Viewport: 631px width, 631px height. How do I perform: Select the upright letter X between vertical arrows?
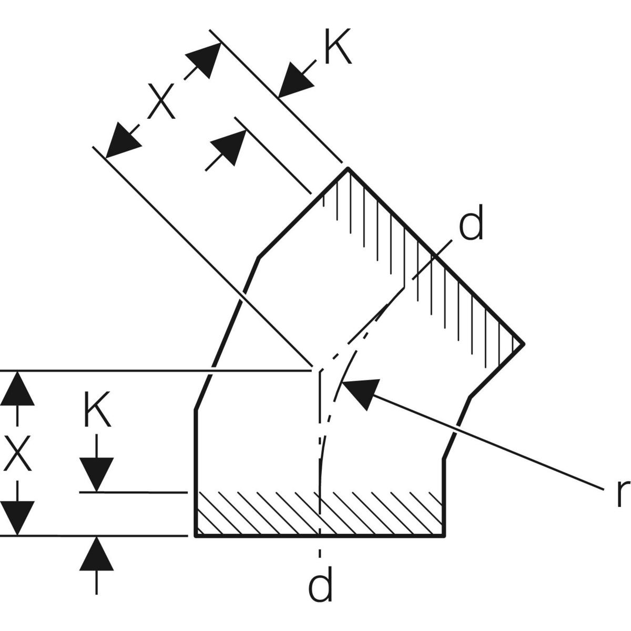click(17, 453)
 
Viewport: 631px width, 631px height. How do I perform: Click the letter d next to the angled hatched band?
click(471, 225)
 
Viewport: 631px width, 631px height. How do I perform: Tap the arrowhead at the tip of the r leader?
click(358, 392)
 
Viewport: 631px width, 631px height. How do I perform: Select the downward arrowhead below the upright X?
click(17, 518)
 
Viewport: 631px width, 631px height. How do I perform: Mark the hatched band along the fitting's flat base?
click(320, 514)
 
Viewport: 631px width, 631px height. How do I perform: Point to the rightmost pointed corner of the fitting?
click(523, 344)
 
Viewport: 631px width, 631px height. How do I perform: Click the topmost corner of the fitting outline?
click(347, 169)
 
